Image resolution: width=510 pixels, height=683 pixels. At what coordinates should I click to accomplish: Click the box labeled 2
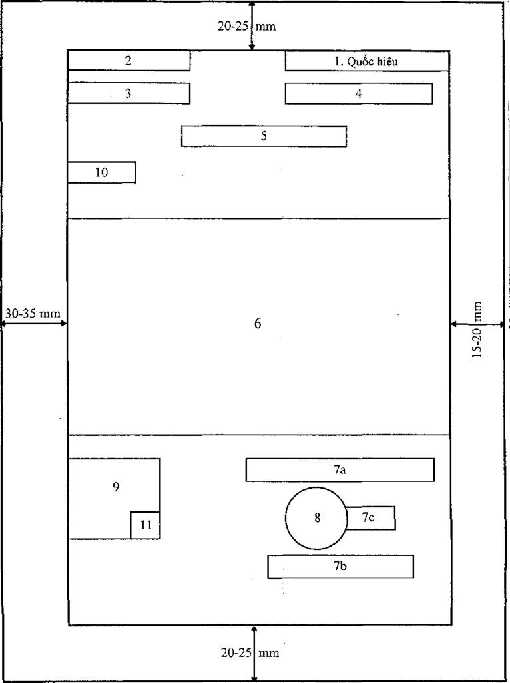point(129,61)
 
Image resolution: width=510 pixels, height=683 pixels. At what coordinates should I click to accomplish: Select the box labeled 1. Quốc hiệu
point(367,61)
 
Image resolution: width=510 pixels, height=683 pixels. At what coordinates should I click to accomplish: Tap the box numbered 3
point(129,93)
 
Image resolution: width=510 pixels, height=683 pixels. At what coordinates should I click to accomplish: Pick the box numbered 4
point(359,94)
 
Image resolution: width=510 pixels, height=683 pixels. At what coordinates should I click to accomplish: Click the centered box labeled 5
point(264,136)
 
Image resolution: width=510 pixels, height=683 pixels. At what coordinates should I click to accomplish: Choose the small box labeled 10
point(101,172)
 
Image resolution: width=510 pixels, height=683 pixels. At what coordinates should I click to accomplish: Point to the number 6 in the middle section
point(258,324)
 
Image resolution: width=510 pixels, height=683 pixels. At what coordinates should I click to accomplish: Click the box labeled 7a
point(340,469)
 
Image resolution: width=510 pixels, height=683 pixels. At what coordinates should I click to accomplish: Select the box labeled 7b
point(341,567)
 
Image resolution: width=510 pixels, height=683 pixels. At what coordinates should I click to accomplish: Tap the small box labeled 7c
point(371,518)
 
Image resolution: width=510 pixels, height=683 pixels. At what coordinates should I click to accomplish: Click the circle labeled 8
point(317,518)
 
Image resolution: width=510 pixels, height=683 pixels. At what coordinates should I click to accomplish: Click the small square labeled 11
point(145,525)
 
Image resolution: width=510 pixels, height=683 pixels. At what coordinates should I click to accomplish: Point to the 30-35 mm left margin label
point(33,313)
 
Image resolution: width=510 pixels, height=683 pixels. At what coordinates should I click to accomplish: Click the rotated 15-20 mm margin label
point(478,330)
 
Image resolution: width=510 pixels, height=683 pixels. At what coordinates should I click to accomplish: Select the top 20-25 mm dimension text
point(247,26)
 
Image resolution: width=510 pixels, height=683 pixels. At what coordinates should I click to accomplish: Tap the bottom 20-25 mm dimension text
point(250,653)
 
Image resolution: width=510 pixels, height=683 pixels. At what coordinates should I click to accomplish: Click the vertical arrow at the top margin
point(251,25)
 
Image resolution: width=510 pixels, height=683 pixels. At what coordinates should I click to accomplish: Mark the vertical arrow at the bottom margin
point(254,654)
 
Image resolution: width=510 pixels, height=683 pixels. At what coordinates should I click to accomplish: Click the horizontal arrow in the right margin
point(477,324)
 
